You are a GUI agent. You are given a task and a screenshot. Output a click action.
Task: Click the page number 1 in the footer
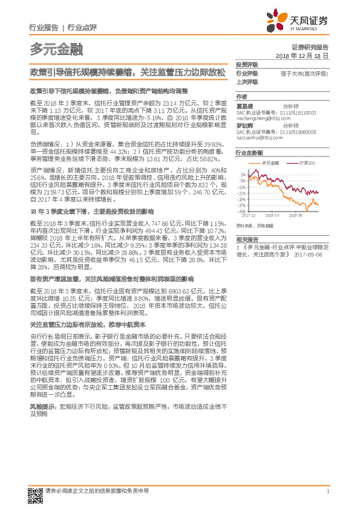pyautogui.click(x=327, y=490)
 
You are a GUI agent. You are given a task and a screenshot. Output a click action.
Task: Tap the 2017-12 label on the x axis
pyautogui.click(x=249, y=215)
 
